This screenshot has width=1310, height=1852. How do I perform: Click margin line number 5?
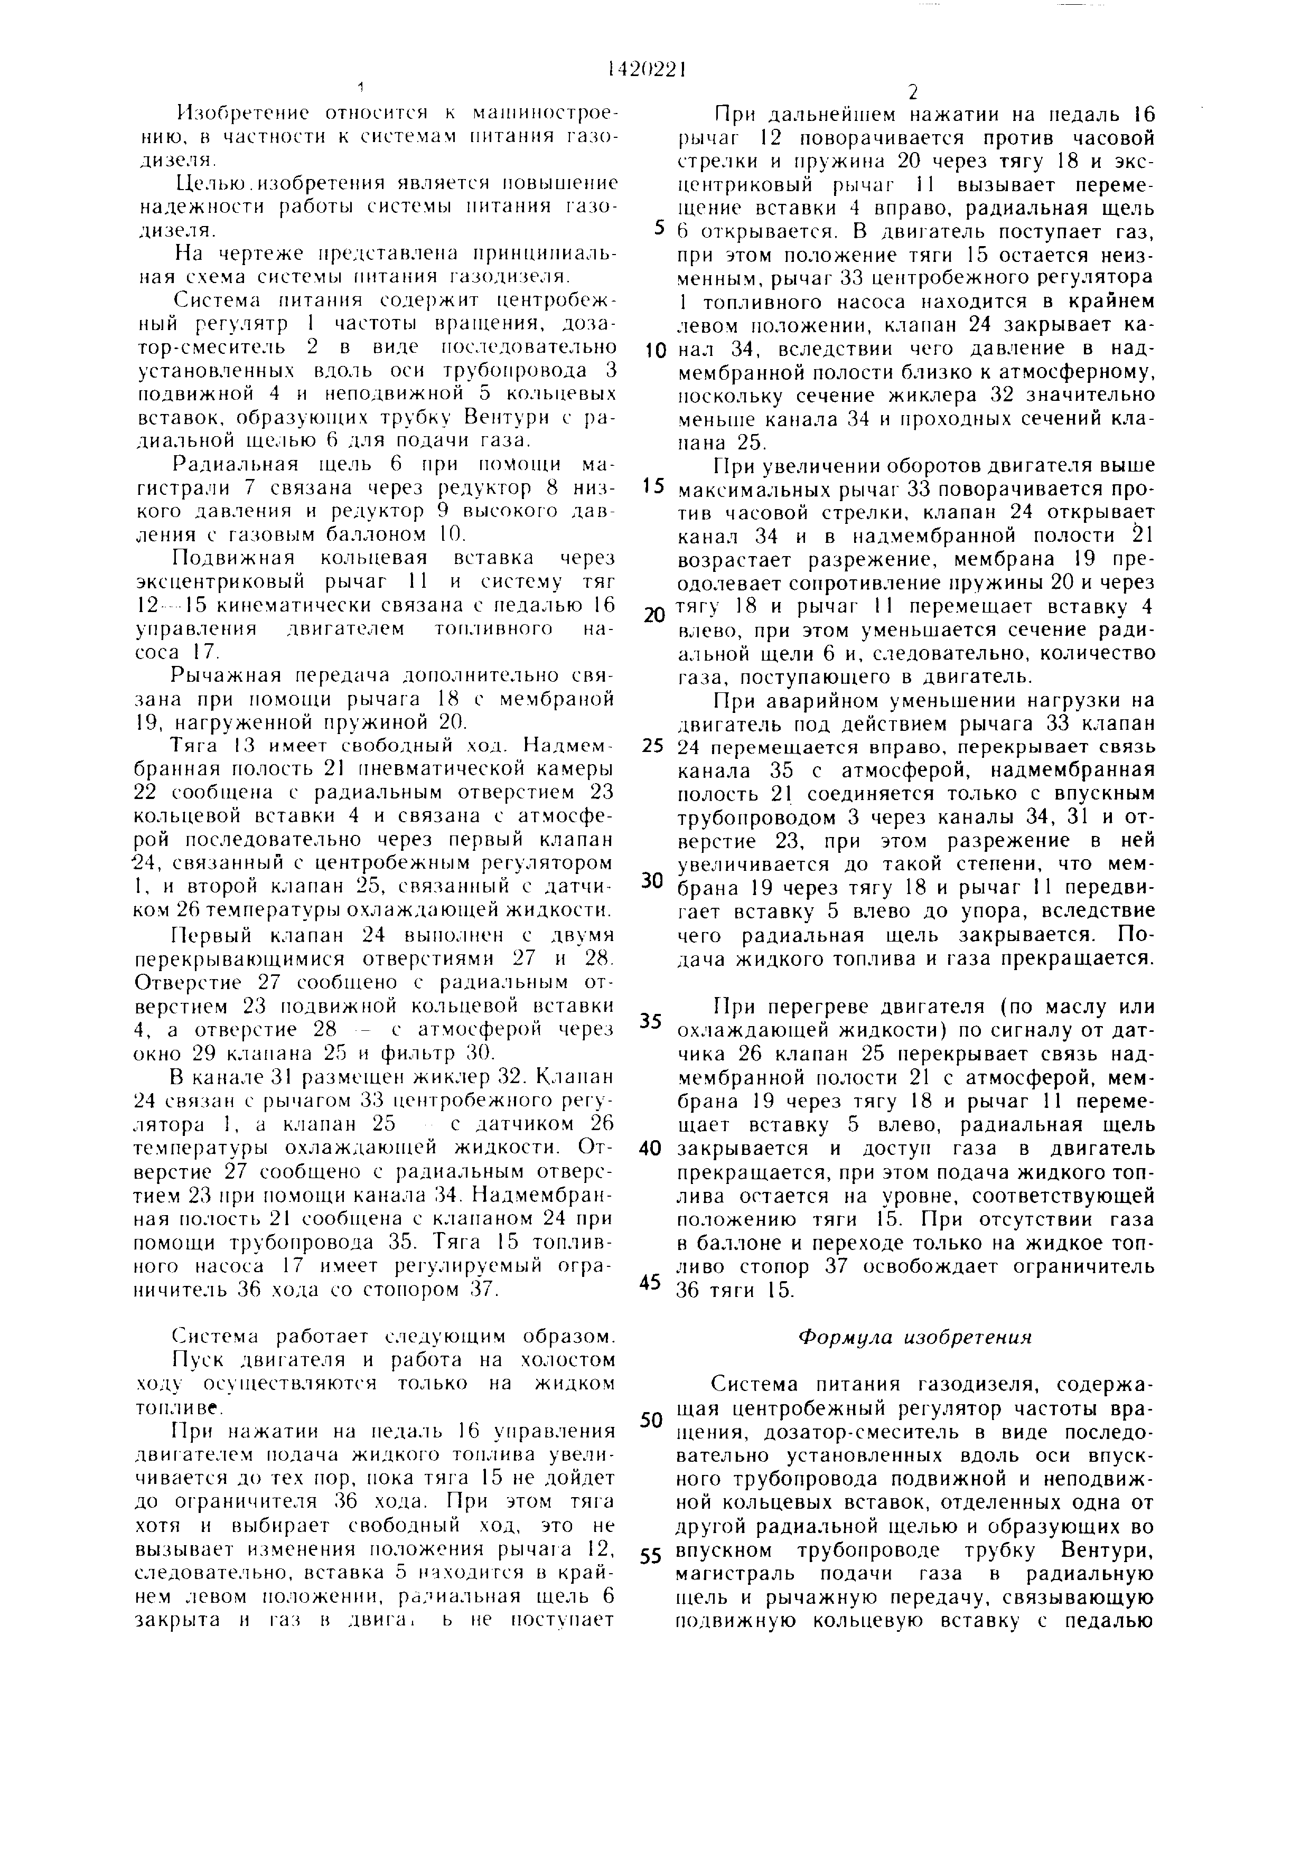(659, 228)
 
